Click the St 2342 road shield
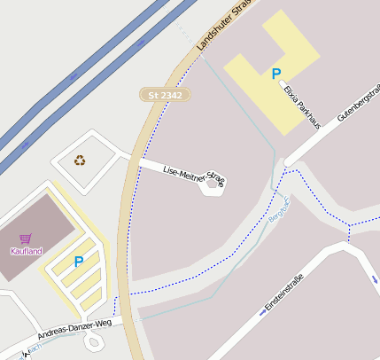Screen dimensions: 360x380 point(165,94)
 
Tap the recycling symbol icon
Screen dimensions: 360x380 point(80,160)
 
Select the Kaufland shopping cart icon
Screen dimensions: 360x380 point(26,239)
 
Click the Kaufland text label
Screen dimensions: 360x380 point(27,251)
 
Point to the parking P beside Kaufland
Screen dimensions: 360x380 point(79,262)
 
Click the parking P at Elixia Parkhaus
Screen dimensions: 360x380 point(275,74)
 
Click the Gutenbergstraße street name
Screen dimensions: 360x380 point(359,103)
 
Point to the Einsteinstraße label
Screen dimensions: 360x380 point(283,296)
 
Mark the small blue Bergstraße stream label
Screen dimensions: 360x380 point(279,213)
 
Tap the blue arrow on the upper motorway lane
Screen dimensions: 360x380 point(141,41)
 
